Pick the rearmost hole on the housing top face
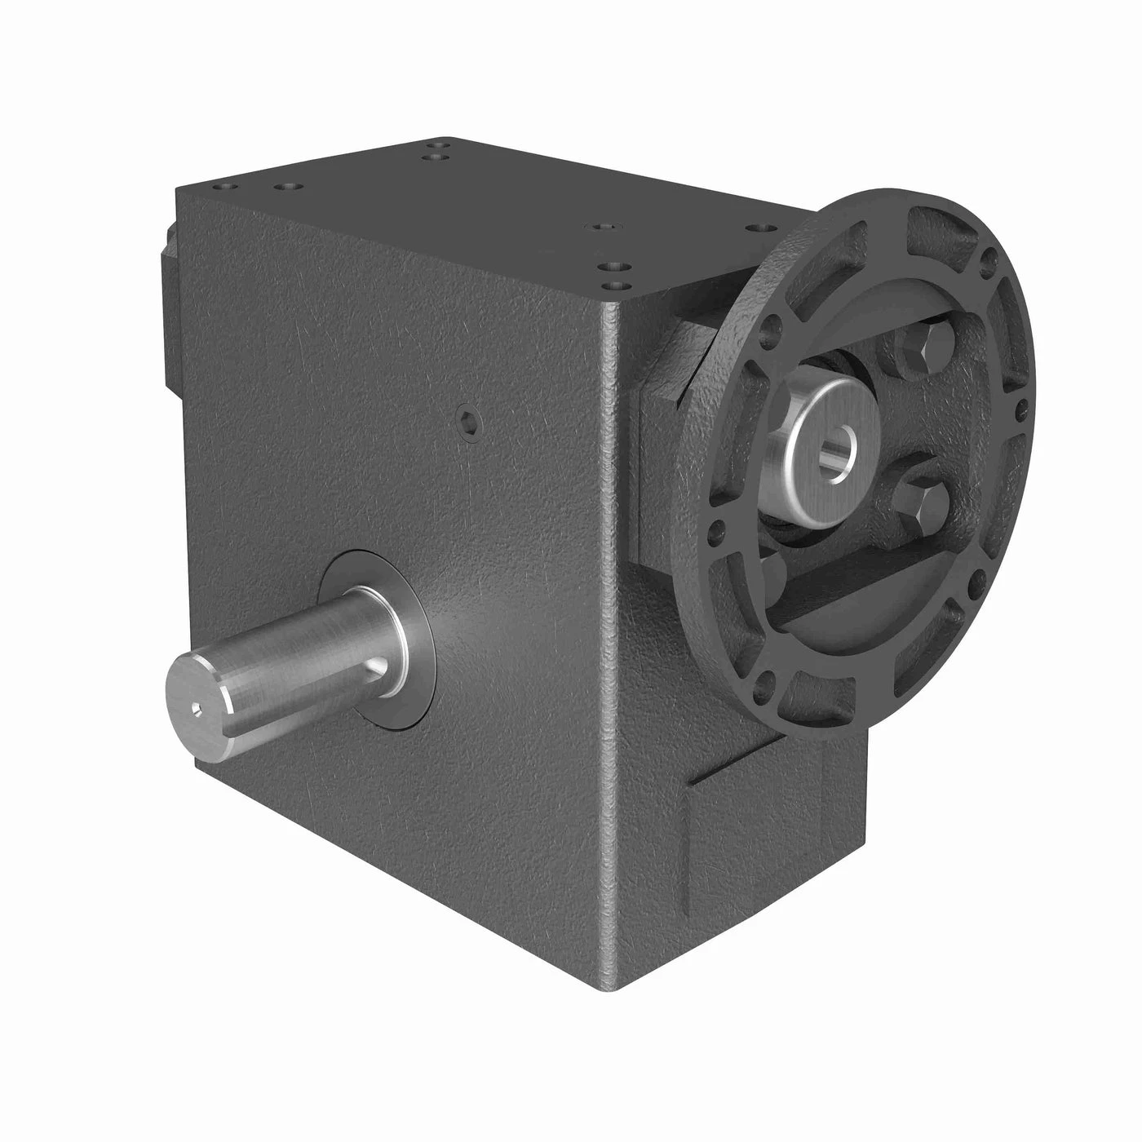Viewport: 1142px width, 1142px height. (x=441, y=142)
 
